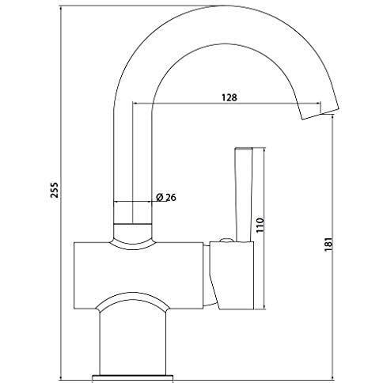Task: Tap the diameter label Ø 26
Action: pyautogui.click(x=165, y=198)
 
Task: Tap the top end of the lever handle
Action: pyautogui.click(x=243, y=150)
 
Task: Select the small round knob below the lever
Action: pyautogui.click(x=225, y=239)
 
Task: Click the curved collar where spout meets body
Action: pyautogui.click(x=132, y=234)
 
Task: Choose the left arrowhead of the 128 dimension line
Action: pyautogui.click(x=134, y=104)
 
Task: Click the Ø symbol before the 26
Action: pyautogui.click(x=159, y=198)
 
